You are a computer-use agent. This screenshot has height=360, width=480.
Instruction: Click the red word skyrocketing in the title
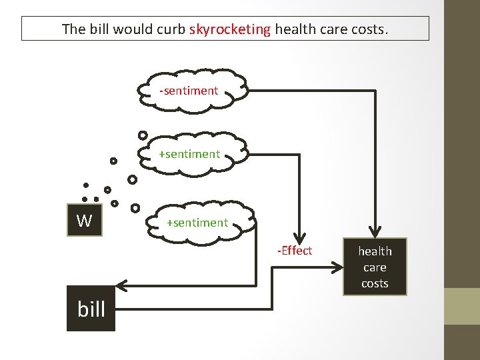click(x=230, y=29)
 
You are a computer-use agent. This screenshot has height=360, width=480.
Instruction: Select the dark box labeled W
click(x=85, y=221)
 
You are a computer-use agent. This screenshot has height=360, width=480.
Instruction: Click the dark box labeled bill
click(x=91, y=309)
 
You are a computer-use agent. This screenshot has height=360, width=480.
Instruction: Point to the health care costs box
click(x=375, y=267)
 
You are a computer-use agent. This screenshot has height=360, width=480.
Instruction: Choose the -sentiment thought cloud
click(x=189, y=91)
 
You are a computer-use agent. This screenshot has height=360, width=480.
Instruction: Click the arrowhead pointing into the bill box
click(x=126, y=287)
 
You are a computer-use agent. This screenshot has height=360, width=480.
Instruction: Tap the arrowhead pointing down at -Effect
click(x=300, y=237)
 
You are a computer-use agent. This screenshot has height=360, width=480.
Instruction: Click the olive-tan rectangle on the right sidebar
click(x=461, y=306)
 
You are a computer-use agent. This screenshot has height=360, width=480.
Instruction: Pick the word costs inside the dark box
click(x=375, y=283)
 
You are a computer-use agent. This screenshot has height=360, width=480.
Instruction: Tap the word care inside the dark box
click(x=375, y=267)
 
